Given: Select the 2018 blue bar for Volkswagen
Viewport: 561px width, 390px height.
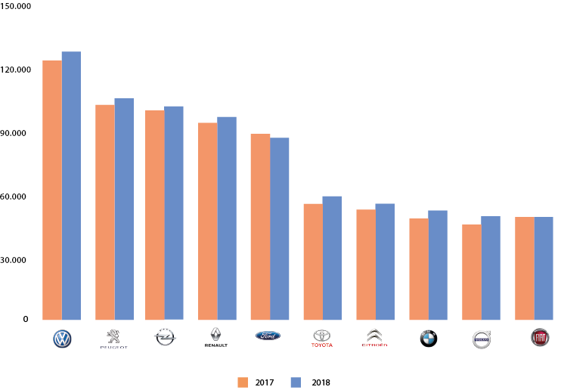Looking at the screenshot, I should (x=71, y=186).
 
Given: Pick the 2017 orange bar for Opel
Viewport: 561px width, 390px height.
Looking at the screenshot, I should (x=154, y=215).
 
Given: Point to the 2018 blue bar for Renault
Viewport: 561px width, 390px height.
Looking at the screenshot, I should (x=227, y=218).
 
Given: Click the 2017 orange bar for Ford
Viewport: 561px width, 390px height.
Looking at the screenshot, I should (x=260, y=227).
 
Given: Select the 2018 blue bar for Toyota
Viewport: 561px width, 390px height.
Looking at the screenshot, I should (x=332, y=258).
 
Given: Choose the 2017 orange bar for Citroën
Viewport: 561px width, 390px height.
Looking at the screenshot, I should (x=366, y=265).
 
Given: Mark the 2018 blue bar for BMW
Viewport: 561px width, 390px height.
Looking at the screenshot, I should (x=438, y=265).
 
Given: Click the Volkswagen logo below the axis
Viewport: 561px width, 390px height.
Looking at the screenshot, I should (x=62, y=339).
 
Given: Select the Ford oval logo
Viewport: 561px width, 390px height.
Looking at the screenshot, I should (x=268, y=336).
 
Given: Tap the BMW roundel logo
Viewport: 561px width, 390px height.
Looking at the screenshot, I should (x=429, y=339).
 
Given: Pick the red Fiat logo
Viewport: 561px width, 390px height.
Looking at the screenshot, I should (x=540, y=337).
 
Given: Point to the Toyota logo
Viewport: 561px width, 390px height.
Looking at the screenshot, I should (x=322, y=337).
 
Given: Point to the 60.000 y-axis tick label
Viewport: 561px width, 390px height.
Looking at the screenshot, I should (x=15, y=197).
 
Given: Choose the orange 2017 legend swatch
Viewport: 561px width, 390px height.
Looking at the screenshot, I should (x=243, y=382).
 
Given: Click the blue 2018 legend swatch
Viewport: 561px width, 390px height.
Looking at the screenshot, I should (x=296, y=382).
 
